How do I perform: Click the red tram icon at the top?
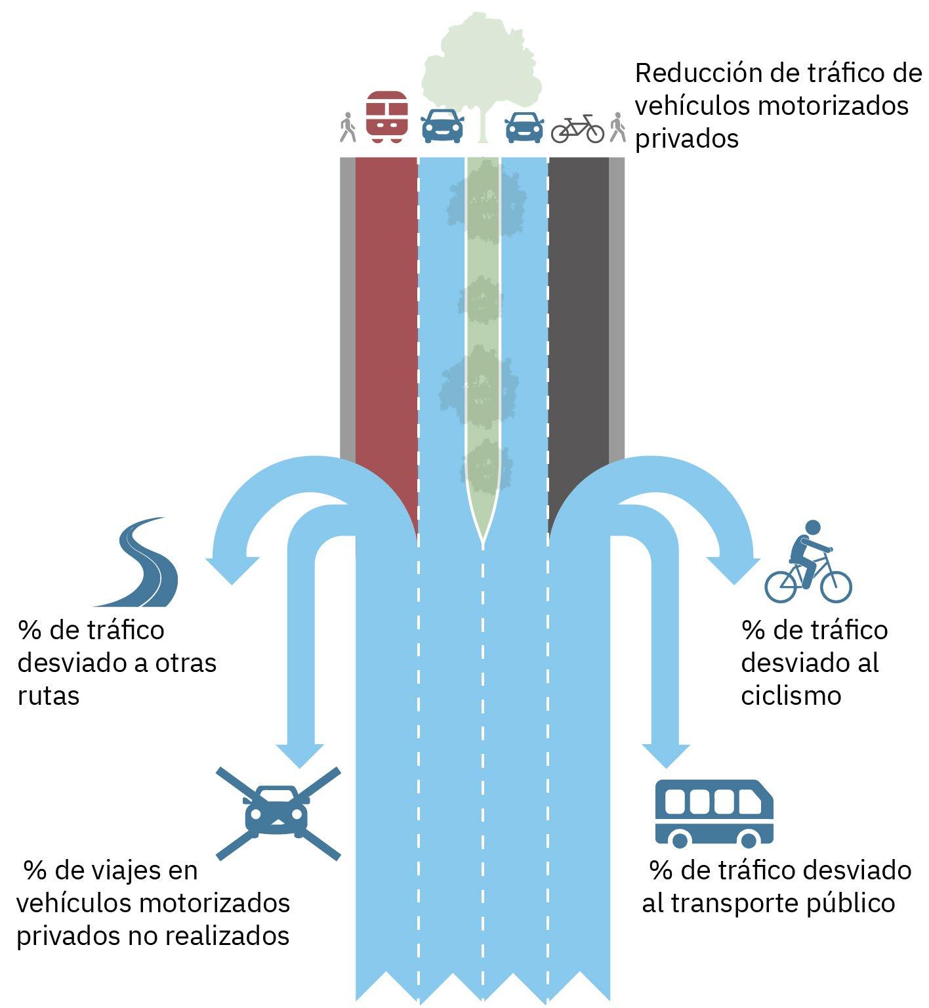click(386, 117)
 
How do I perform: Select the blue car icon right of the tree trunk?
click(524, 127)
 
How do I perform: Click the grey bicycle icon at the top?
click(577, 129)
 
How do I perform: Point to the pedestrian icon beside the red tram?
click(348, 127)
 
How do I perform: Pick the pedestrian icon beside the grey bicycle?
click(617, 127)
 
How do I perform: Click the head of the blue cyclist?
click(812, 528)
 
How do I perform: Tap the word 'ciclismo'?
click(791, 696)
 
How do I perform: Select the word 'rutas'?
click(49, 696)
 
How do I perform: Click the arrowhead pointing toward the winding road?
click(231, 570)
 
